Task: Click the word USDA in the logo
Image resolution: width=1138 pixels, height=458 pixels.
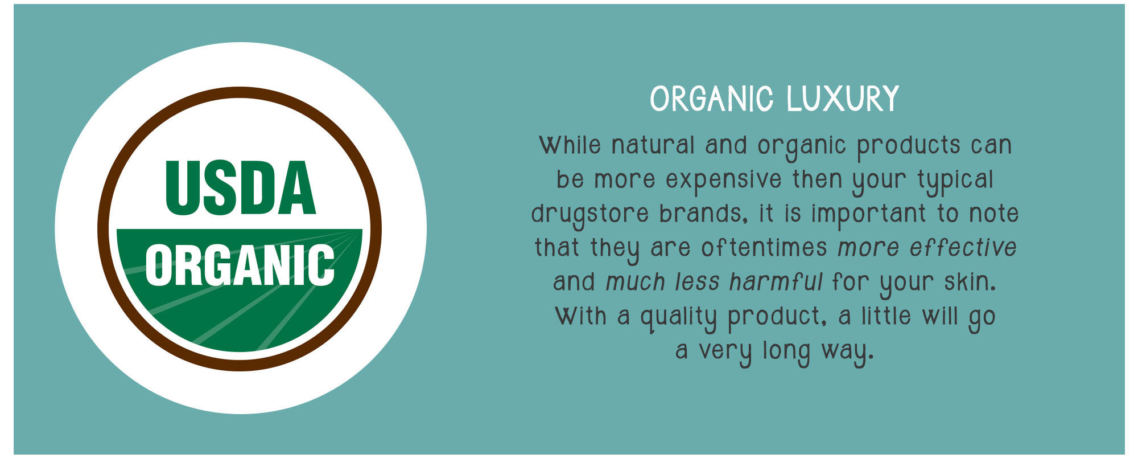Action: (x=240, y=188)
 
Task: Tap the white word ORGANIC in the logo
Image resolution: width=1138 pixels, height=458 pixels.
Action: (x=240, y=265)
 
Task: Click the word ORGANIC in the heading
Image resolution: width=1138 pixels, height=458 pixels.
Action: (x=712, y=99)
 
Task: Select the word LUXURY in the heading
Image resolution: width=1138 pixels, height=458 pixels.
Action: (x=843, y=99)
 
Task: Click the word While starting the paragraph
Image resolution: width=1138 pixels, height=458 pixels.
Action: (x=570, y=145)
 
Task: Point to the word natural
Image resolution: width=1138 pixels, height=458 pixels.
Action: (x=653, y=145)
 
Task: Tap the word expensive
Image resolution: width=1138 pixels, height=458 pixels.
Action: (x=724, y=180)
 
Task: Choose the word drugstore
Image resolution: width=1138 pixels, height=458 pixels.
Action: (x=589, y=215)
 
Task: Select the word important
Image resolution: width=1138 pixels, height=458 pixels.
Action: (x=868, y=215)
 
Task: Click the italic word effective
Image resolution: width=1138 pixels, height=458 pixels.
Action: (x=963, y=248)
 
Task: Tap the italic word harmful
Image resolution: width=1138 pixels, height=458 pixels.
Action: (x=776, y=282)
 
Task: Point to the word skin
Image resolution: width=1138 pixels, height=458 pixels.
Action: (x=970, y=282)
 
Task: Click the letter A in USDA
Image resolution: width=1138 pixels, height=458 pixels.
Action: (x=298, y=188)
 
